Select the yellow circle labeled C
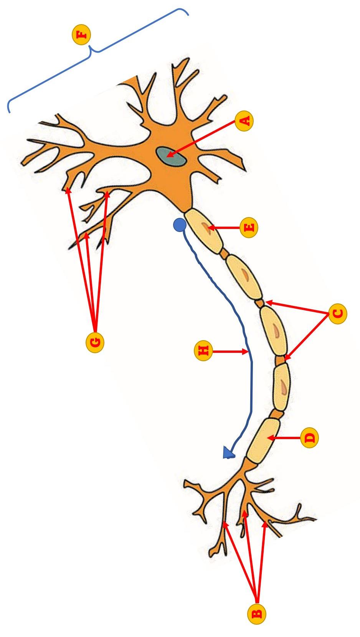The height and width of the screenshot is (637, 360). click(338, 314)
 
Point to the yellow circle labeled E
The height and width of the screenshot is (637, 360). click(249, 228)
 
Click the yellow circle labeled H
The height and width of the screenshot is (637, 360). click(204, 351)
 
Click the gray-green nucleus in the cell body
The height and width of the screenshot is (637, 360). click(171, 157)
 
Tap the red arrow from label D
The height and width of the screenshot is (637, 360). click(284, 438)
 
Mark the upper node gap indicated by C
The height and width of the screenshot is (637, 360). click(260, 303)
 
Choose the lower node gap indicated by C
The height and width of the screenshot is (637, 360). click(281, 360)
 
